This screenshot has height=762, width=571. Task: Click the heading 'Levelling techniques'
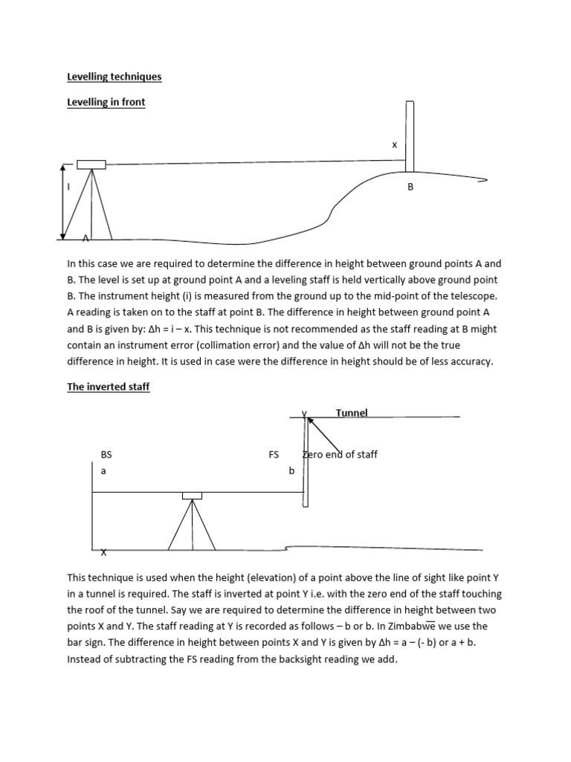pos(114,77)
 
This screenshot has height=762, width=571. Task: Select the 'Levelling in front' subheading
pos(106,102)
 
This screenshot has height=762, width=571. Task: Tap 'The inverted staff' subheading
pos(109,387)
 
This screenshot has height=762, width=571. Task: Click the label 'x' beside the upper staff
pos(395,145)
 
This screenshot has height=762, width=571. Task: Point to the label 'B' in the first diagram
pos(410,188)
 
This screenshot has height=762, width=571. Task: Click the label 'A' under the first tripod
pos(86,238)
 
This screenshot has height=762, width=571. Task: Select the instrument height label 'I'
pos(69,187)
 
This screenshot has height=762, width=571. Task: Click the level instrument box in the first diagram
pos(91,164)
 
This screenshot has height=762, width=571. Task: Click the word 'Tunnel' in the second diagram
pos(352,412)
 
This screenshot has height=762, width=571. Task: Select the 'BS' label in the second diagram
pos(106,454)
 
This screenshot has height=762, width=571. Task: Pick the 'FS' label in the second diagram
pos(274,454)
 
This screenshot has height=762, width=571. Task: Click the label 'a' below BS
pos(103,470)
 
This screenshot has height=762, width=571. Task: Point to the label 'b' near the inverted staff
pos(291,470)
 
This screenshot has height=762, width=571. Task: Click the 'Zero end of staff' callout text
pos(341,454)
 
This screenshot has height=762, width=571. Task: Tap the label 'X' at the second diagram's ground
pos(103,552)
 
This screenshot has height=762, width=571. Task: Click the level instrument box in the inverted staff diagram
pos(192,496)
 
